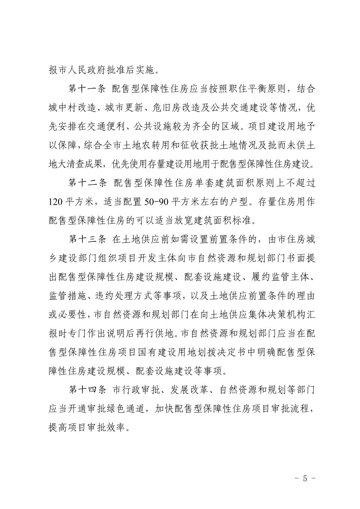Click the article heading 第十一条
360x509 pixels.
click(87, 89)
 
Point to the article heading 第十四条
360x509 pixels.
click(87, 390)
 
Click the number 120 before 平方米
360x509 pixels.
click(55, 202)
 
